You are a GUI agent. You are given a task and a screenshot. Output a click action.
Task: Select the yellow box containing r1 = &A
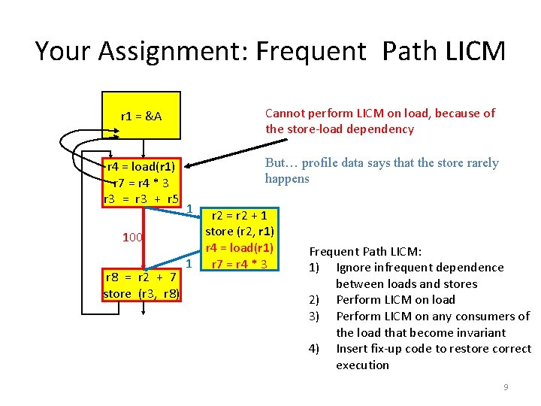click(x=141, y=117)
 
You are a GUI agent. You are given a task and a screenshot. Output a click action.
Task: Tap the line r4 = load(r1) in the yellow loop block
click(x=141, y=167)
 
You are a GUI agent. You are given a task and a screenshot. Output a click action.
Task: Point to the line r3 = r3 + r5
click(x=141, y=199)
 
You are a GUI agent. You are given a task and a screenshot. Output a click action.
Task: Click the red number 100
click(x=132, y=238)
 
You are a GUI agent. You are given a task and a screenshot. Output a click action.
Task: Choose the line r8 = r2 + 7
click(x=141, y=277)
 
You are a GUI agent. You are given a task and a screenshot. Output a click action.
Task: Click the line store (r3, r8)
click(x=141, y=293)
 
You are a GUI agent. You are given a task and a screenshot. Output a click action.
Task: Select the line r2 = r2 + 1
click(x=240, y=215)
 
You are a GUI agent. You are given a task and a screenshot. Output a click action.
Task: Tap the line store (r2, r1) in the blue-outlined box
click(x=240, y=231)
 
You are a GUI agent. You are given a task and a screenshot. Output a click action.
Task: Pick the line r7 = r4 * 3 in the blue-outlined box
click(x=240, y=263)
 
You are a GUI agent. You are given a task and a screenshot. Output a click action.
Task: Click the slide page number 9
click(x=506, y=387)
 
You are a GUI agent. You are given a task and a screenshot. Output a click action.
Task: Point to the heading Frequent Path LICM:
click(x=365, y=251)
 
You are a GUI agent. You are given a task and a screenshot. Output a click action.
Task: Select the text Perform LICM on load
click(x=395, y=300)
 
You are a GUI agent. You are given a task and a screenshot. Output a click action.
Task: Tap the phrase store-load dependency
click(x=339, y=129)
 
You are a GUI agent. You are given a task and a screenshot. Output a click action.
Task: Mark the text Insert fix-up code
click(x=383, y=349)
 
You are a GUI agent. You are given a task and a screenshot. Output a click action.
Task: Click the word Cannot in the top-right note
click(x=286, y=113)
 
